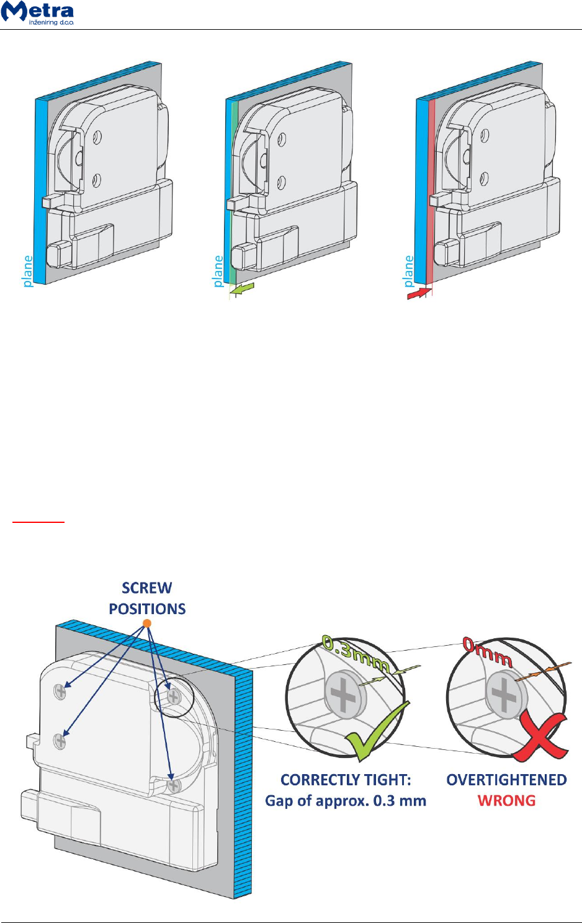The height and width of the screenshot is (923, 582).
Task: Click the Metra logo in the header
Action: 38,13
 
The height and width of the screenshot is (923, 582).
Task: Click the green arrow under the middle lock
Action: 242,288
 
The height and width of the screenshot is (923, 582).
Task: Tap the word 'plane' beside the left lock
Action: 28,271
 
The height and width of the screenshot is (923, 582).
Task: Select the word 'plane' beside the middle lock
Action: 218,271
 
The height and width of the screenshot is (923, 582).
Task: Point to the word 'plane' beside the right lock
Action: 408,271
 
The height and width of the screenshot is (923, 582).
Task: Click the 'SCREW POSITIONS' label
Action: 147,599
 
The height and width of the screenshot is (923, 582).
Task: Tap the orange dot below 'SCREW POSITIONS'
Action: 147,623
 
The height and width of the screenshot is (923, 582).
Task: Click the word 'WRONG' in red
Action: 506,801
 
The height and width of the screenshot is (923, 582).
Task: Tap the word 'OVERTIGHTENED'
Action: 506,780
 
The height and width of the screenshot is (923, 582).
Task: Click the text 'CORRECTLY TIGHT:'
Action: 346,780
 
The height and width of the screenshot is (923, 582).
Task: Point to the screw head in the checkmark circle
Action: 343,695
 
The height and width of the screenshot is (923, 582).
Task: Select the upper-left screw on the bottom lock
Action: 60,690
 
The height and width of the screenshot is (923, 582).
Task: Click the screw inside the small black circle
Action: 174,696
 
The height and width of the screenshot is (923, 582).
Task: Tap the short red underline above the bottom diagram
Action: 38,522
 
